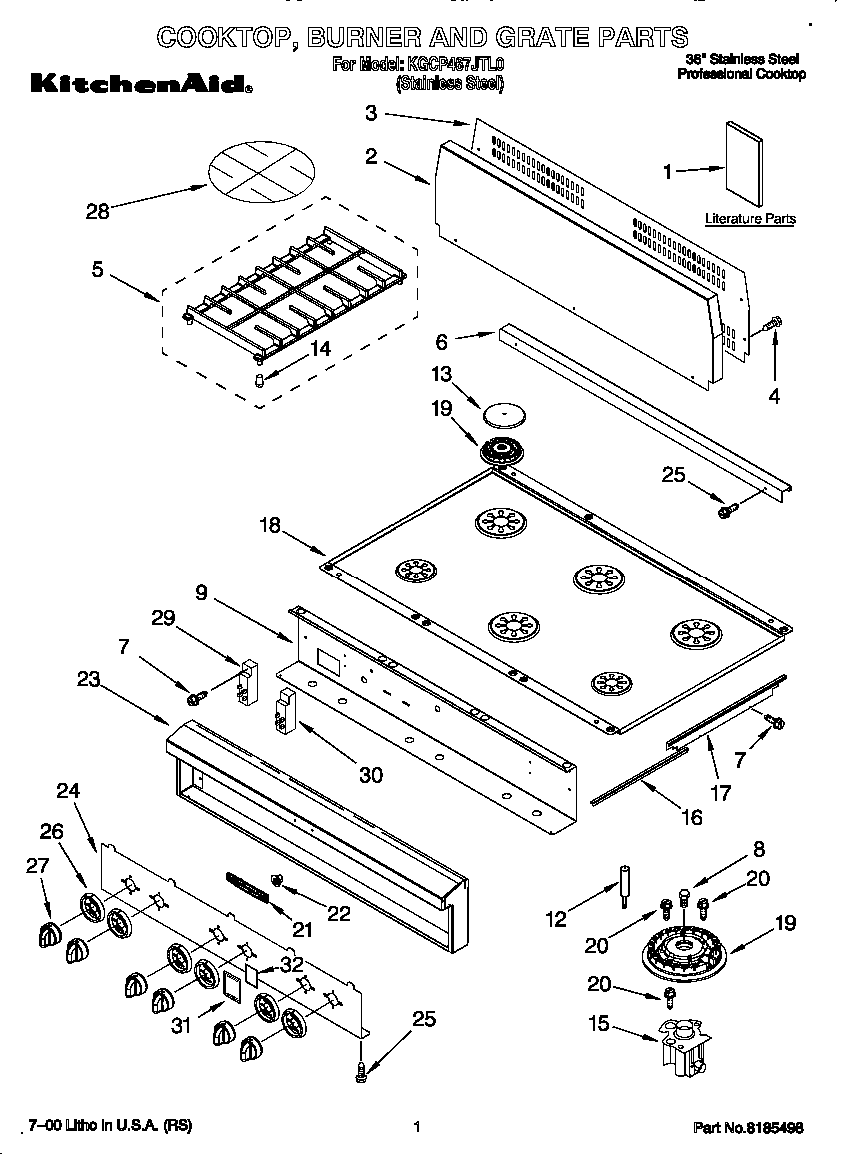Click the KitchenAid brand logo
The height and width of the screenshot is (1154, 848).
click(139, 85)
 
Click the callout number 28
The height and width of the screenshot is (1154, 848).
click(97, 211)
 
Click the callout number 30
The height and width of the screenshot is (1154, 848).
click(370, 773)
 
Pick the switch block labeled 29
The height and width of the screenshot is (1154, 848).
click(247, 681)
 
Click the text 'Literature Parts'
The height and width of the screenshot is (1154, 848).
click(750, 218)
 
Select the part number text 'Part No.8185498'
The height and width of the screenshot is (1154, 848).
click(749, 1127)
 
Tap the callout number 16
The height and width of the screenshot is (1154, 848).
click(690, 816)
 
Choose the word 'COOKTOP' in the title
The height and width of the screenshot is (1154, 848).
click(224, 38)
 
